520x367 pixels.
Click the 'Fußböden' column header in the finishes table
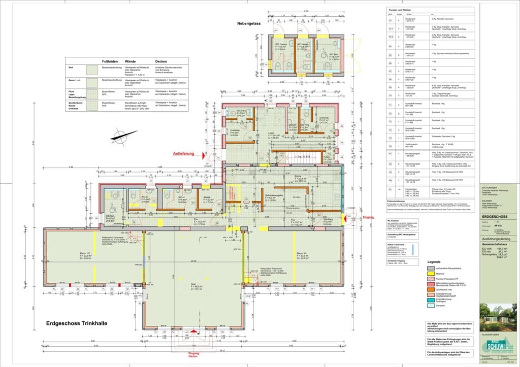point(110,60)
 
